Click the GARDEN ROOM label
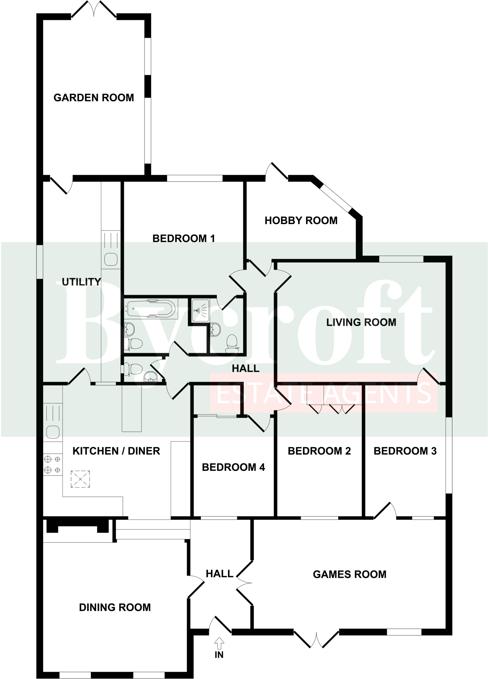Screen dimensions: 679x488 point(93,98)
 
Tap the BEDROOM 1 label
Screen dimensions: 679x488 point(183,238)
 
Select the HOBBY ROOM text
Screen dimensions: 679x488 point(301,220)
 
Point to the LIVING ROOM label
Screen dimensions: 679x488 point(361,322)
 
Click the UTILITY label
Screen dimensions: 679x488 point(81,282)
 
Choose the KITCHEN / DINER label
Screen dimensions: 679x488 point(116,451)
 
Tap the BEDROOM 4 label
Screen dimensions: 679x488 point(233,467)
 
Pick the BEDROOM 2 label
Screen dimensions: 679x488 point(319,451)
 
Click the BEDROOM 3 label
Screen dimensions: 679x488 point(405,451)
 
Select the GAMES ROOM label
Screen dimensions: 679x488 point(349,574)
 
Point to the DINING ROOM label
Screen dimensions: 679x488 point(115,607)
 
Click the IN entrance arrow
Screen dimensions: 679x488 point(219,644)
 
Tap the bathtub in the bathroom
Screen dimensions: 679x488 point(151,309)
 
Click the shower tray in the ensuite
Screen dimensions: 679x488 point(201,310)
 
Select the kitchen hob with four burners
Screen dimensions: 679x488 point(52,464)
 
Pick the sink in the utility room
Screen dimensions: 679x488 point(111,259)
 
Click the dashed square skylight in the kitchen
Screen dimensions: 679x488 point(80,479)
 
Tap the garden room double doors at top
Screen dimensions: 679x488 point(94,9)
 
